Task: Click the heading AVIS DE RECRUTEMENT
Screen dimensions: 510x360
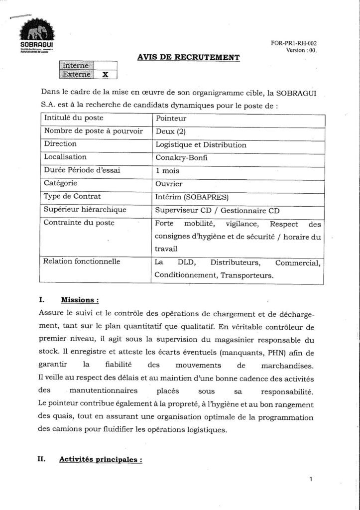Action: click(188, 58)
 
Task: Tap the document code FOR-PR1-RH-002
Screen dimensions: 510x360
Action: click(294, 43)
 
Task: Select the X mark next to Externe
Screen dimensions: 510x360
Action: click(105, 75)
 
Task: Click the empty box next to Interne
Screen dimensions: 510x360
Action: click(105, 65)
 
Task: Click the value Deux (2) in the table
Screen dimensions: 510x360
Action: click(171, 132)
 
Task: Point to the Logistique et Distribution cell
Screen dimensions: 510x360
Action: click(201, 145)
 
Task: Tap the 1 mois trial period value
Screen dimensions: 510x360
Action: click(168, 170)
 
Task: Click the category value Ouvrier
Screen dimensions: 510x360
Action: click(169, 183)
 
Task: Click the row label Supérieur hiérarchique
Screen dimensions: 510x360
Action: click(85, 210)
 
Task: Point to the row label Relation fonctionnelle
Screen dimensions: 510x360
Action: click(82, 261)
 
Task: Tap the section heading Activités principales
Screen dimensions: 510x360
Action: click(101, 460)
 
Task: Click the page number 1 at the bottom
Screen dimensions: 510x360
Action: click(311, 480)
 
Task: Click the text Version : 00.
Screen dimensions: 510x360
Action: click(301, 50)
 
